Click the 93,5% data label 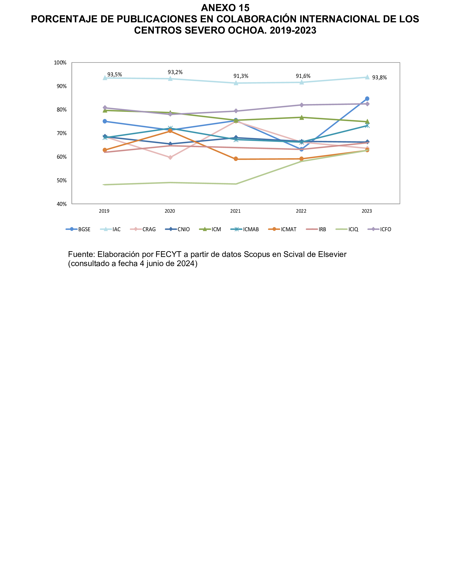114,75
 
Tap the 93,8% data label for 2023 379,78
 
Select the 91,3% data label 241,76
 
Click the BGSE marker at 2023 367,98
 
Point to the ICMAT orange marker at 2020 170,131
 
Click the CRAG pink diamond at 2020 170,157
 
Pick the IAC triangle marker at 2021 236,83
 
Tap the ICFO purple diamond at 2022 302,105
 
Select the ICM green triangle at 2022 302,117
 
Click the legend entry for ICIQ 353,230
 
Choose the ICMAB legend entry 251,230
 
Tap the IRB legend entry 322,230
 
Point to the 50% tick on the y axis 61,180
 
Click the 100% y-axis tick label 60,63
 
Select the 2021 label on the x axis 236,211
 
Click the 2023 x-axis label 367,211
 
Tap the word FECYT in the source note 168,254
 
